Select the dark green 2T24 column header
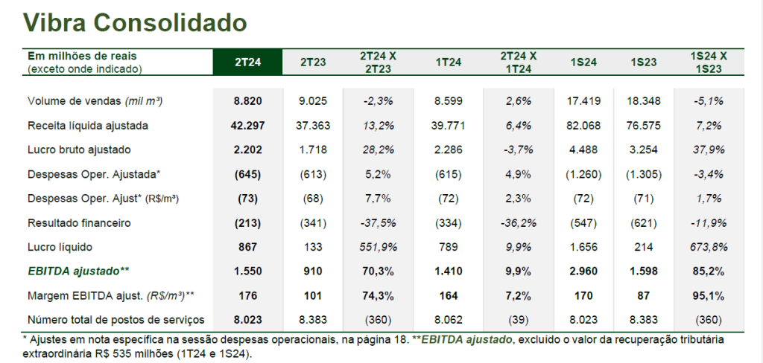coord(248,62)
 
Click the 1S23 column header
coord(643,62)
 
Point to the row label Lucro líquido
coord(60,246)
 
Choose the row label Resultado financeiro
coord(78,222)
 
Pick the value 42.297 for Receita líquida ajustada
coord(248,126)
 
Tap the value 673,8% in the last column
coord(709,246)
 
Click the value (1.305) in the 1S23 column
coord(643,174)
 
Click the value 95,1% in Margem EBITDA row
coord(709,295)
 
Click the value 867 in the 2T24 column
coord(248,246)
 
